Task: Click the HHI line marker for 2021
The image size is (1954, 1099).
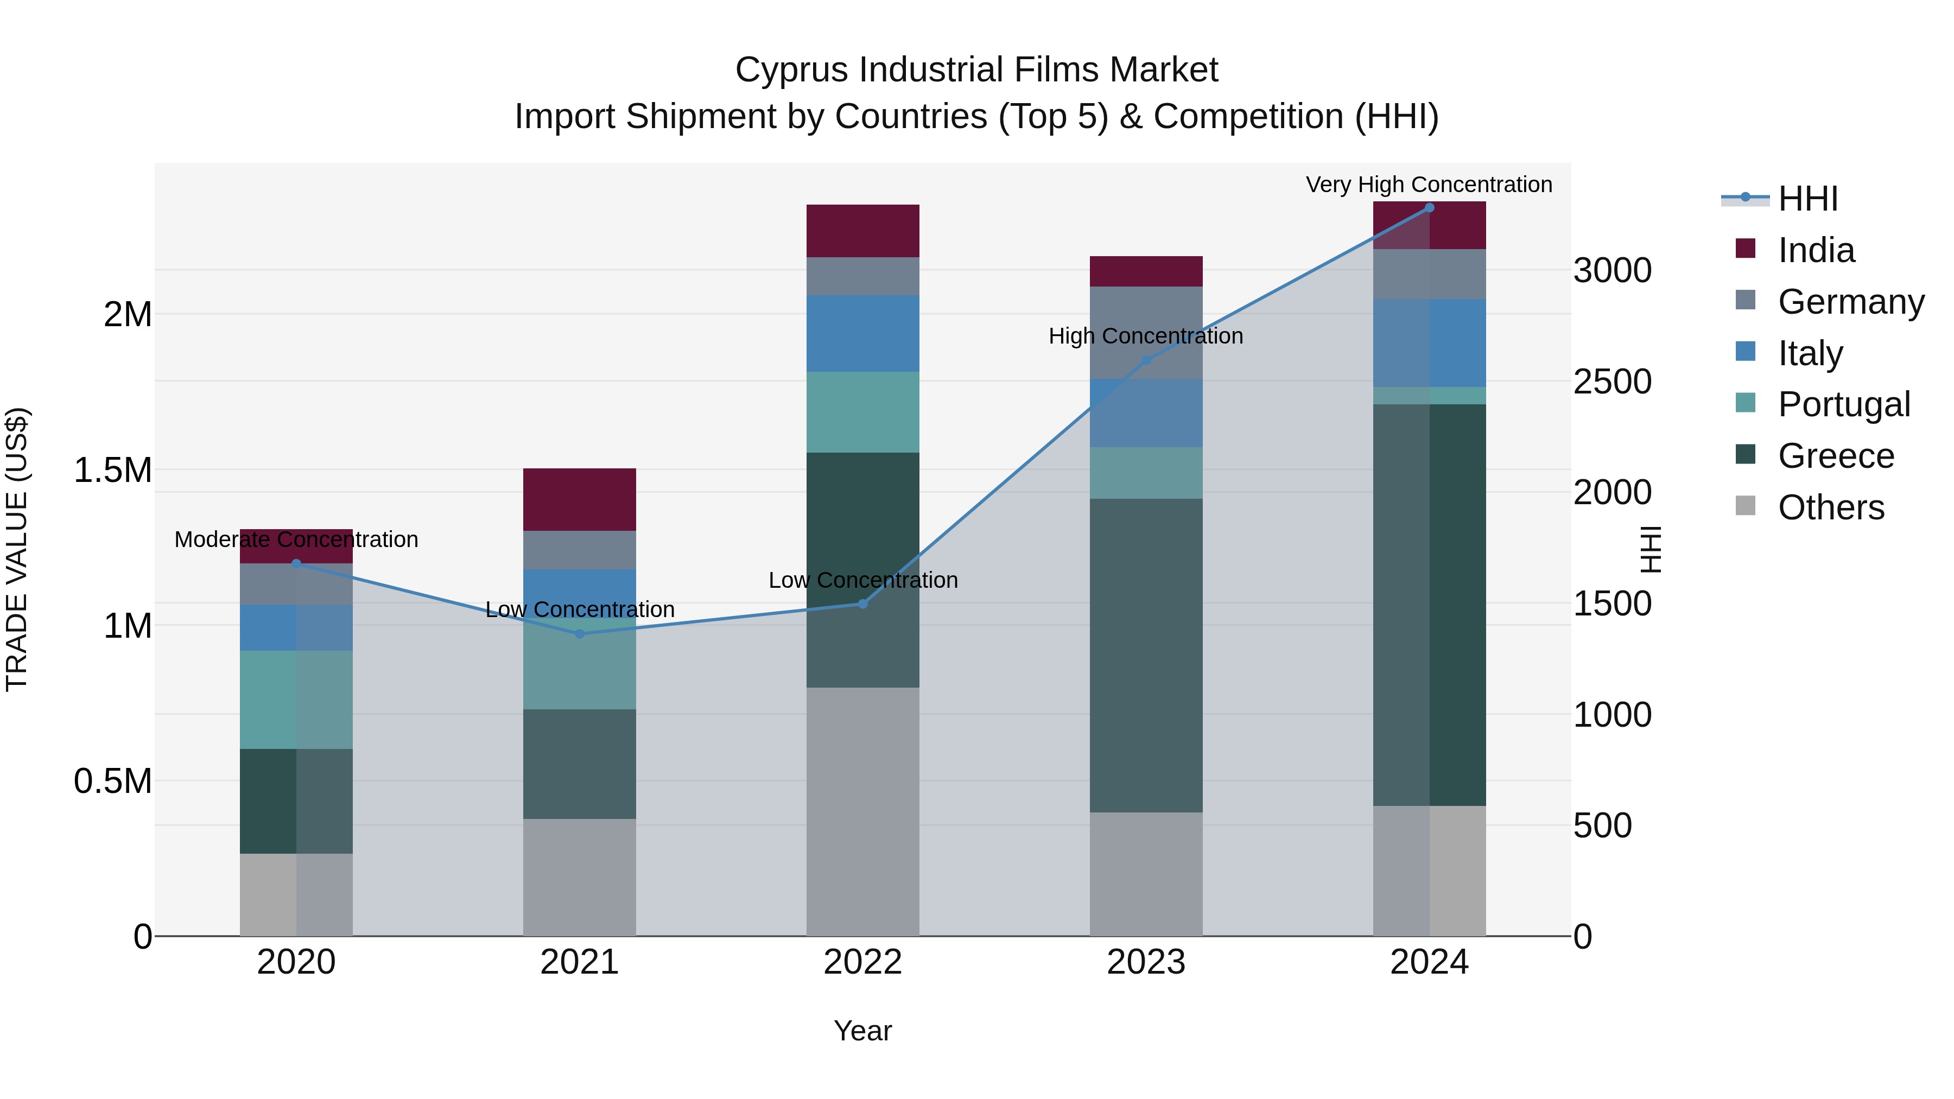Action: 580,633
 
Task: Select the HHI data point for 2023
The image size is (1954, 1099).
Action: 1146,360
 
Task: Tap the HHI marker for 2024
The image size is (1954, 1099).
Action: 1429,208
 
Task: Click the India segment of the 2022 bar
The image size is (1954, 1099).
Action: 862,231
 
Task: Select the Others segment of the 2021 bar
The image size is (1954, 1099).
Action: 580,877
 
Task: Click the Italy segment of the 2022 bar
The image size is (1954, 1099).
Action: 862,333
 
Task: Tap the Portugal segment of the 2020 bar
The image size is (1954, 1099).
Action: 296,700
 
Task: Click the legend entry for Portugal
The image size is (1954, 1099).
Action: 1843,404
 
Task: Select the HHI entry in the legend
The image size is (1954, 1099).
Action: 1807,199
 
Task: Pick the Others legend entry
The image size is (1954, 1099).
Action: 1830,507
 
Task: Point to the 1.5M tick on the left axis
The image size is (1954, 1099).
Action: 113,470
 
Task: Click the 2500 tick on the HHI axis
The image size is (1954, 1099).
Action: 1612,382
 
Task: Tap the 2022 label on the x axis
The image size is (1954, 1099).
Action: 862,962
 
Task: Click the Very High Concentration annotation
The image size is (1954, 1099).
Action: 1429,185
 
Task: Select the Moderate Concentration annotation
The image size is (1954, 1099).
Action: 296,539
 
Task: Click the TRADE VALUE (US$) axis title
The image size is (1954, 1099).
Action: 17,549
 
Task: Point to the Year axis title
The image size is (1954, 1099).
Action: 862,1031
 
